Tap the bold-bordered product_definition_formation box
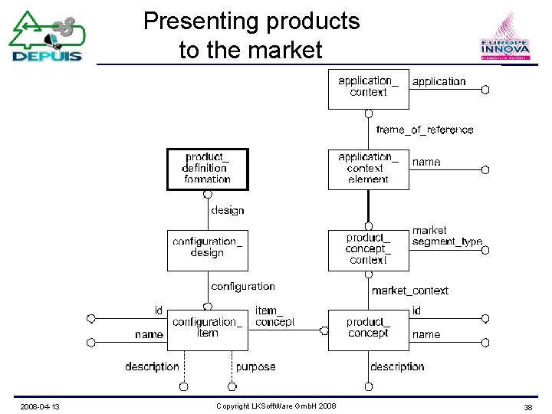click(208, 169)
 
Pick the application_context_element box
click(368, 169)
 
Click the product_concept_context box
click(368, 250)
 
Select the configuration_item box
click(207, 330)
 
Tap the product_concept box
click(368, 330)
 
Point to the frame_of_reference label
click(425, 130)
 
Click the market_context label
click(410, 291)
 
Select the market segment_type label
click(447, 236)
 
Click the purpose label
click(255, 367)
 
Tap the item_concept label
click(274, 316)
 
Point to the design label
click(227, 210)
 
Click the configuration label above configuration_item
click(242, 286)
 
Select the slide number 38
click(527, 406)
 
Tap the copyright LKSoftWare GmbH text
click(276, 406)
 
